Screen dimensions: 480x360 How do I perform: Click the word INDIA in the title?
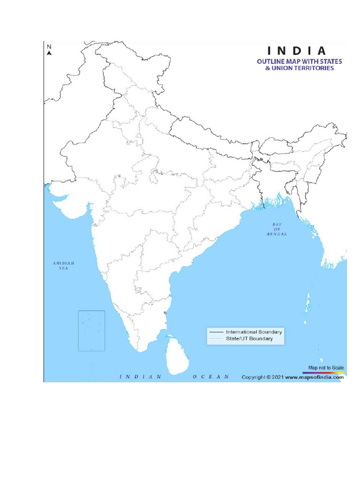297,51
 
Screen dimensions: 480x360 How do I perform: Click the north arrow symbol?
49,53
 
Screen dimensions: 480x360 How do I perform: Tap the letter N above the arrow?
49,46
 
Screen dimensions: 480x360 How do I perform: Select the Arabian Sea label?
63,266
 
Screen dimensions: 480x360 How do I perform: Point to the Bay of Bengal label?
277,229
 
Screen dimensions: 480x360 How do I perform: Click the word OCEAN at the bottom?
210,376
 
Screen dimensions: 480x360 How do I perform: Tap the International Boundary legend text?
254,332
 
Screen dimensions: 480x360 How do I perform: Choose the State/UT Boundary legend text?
249,338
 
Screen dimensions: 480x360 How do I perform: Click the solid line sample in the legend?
217,332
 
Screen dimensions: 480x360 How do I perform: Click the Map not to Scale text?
326,367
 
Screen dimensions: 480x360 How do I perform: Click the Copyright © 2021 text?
262,376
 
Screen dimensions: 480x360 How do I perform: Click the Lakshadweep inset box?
91,330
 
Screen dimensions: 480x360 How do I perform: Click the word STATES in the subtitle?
331,61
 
